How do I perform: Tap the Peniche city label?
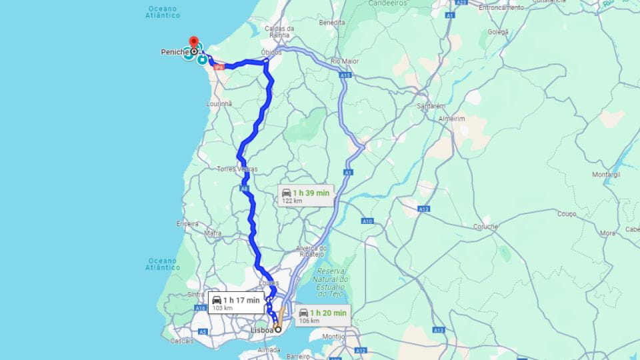pyautogui.click(x=174, y=51)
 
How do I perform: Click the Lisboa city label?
pyautogui.click(x=262, y=329)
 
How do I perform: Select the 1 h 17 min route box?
pyautogui.click(x=236, y=303)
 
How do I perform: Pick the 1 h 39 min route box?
pyautogui.click(x=305, y=195)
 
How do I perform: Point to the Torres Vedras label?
pyautogui.click(x=237, y=169)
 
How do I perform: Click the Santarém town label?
pyautogui.click(x=431, y=105)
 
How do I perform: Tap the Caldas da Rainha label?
pyautogui.click(x=279, y=33)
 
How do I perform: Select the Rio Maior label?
pyautogui.click(x=345, y=61)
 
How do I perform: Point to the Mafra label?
pyautogui.click(x=213, y=233)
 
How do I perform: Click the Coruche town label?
pyautogui.click(x=485, y=227)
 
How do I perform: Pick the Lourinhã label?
pyautogui.click(x=219, y=104)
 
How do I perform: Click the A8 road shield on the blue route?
pyautogui.click(x=245, y=189)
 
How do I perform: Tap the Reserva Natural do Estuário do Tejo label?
pyautogui.click(x=333, y=282)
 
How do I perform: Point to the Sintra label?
pyautogui.click(x=196, y=293)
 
